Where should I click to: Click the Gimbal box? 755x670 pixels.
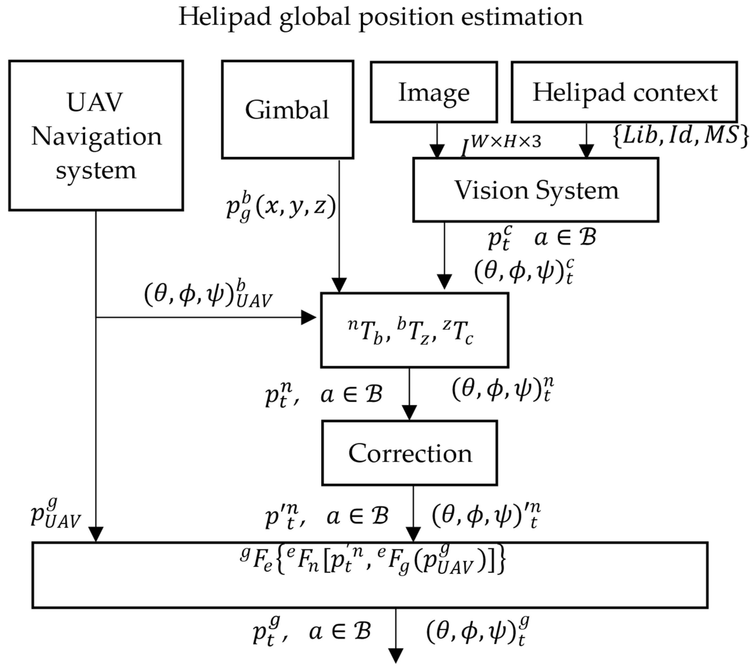[287, 110]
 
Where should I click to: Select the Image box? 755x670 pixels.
[434, 92]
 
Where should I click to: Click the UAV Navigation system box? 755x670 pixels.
[96, 135]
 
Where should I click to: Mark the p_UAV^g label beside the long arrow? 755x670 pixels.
[55, 514]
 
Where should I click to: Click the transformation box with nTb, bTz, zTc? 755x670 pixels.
[414, 330]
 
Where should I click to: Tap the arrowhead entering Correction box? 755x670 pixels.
[409, 413]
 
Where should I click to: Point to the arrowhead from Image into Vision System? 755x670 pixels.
[437, 151]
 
